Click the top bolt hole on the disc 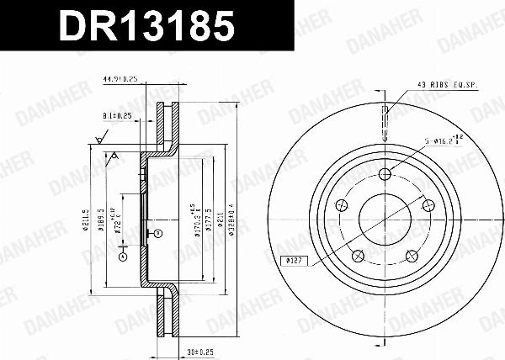point(385,174)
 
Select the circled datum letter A point(122,255)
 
